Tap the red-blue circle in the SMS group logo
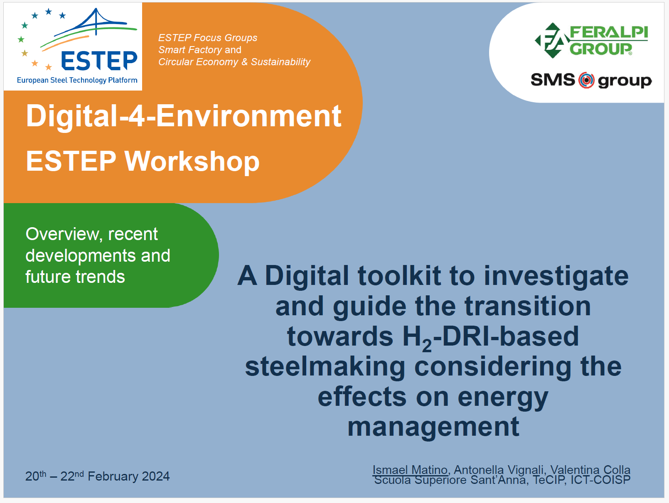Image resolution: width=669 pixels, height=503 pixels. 586,80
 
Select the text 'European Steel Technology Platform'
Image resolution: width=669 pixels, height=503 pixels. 77,80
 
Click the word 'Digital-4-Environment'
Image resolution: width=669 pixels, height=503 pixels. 184,116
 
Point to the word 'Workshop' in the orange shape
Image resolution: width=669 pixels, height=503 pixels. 192,161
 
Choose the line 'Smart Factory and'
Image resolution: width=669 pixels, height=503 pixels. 200,50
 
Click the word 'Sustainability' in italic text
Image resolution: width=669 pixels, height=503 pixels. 280,62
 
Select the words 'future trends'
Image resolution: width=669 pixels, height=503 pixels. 75,277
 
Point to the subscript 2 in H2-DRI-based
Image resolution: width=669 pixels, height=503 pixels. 427,346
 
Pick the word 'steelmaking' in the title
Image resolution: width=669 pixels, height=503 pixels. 325,366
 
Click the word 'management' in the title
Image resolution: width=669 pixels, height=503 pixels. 433,427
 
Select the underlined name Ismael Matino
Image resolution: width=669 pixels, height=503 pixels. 410,470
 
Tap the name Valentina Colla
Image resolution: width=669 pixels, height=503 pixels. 590,470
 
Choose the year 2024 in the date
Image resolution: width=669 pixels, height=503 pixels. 156,476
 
